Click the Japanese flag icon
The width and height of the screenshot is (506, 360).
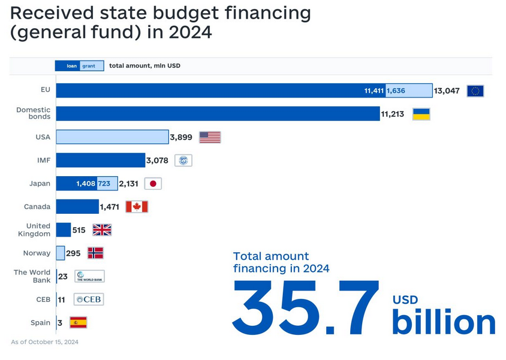coord(153,184)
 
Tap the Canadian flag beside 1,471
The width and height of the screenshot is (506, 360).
coord(137,207)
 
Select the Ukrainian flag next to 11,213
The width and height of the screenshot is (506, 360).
coord(421,114)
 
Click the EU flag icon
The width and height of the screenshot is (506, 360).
coord(475,91)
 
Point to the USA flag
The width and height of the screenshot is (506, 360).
coord(210,137)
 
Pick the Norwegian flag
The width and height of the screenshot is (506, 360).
coord(95,253)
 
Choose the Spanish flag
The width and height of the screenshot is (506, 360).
coord(78,322)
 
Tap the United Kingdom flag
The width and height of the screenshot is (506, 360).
coord(102,230)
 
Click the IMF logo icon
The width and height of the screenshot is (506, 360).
coord(183,161)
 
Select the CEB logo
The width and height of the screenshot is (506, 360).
coord(88,299)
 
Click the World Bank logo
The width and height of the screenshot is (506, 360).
coord(90,276)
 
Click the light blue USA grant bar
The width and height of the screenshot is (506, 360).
coord(112,137)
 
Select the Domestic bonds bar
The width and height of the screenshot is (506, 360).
coord(218,114)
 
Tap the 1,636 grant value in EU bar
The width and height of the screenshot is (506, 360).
coord(396,91)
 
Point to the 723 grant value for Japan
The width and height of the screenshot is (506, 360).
coord(104,184)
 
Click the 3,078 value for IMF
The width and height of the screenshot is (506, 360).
coord(158,161)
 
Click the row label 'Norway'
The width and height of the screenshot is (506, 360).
coord(37,253)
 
